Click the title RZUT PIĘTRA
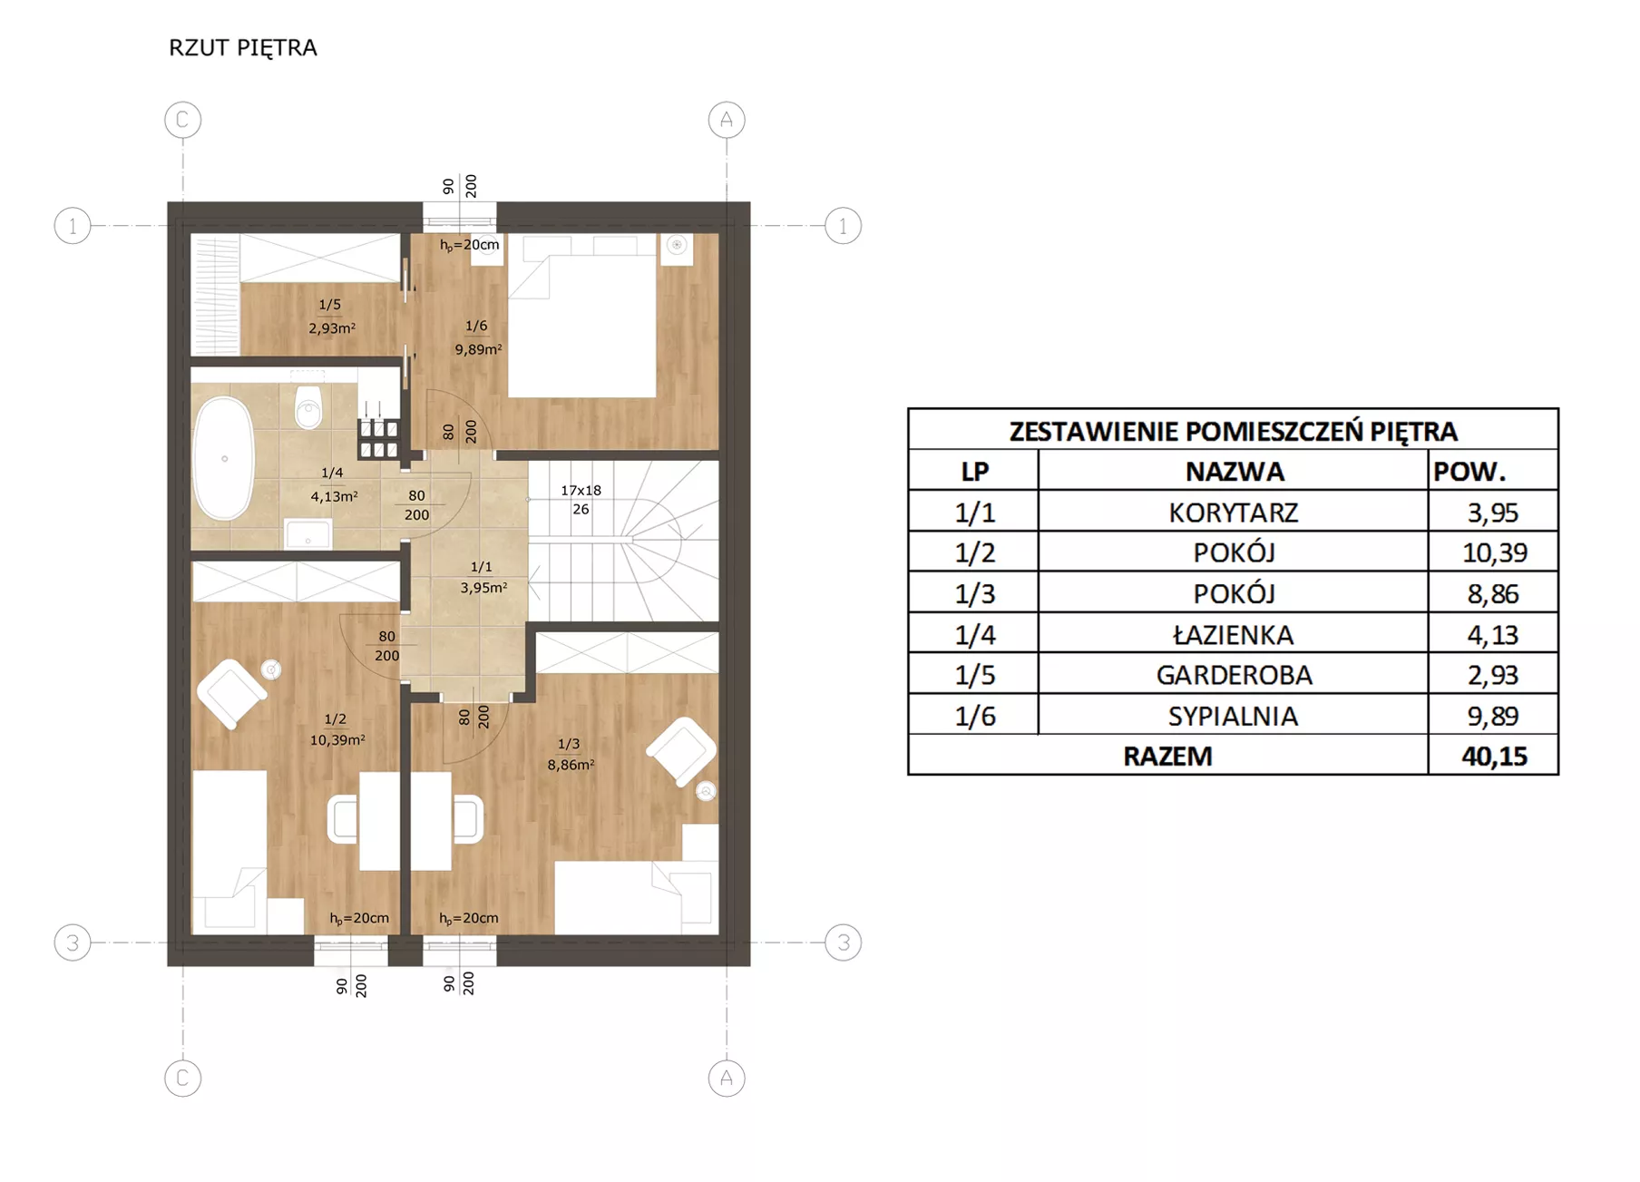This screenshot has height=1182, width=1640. [242, 48]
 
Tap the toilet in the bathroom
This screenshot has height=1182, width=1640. [308, 405]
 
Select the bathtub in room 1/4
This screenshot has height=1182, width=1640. [224, 458]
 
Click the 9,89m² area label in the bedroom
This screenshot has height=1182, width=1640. [478, 349]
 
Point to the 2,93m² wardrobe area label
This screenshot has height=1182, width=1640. [332, 328]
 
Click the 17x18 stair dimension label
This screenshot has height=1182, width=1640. [581, 490]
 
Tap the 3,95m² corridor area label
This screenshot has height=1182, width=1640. [483, 588]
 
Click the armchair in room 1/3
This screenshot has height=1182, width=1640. [681, 750]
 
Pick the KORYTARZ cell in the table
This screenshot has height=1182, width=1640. [1234, 513]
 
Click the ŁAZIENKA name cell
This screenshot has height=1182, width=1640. [1234, 634]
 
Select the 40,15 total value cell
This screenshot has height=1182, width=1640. [1494, 756]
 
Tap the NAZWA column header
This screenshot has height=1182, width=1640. [1235, 472]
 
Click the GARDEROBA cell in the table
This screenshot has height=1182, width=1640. [1234, 675]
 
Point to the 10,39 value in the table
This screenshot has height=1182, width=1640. [1494, 552]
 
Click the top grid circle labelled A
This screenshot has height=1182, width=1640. [727, 120]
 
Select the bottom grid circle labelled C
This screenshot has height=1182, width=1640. [182, 1078]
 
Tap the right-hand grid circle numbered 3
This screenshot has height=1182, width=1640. [844, 943]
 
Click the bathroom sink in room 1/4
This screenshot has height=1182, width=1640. [308, 533]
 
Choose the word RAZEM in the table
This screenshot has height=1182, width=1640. [1167, 756]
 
